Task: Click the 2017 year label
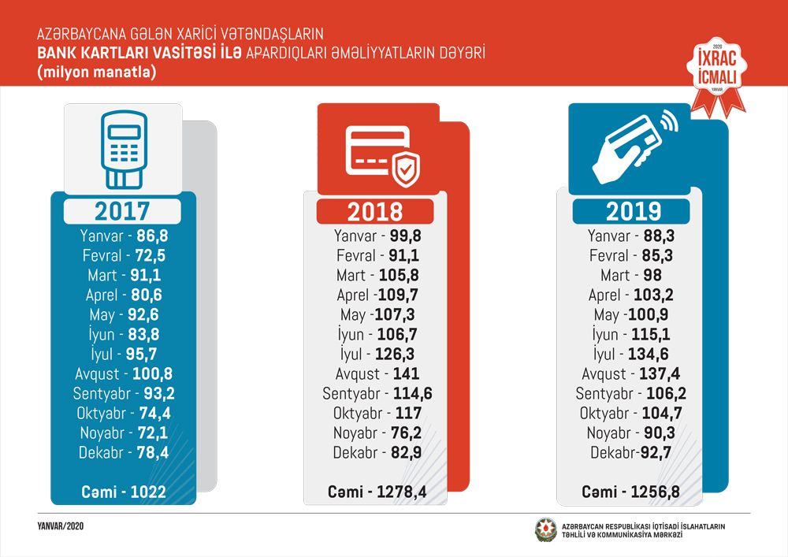pyautogui.click(x=122, y=211)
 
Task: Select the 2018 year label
pyautogui.click(x=375, y=211)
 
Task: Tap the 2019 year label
pyautogui.click(x=632, y=211)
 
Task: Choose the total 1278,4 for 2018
pyautogui.click(x=401, y=492)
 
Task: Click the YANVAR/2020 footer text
pyautogui.click(x=61, y=525)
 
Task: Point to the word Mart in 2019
pyautogui.click(x=615, y=276)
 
